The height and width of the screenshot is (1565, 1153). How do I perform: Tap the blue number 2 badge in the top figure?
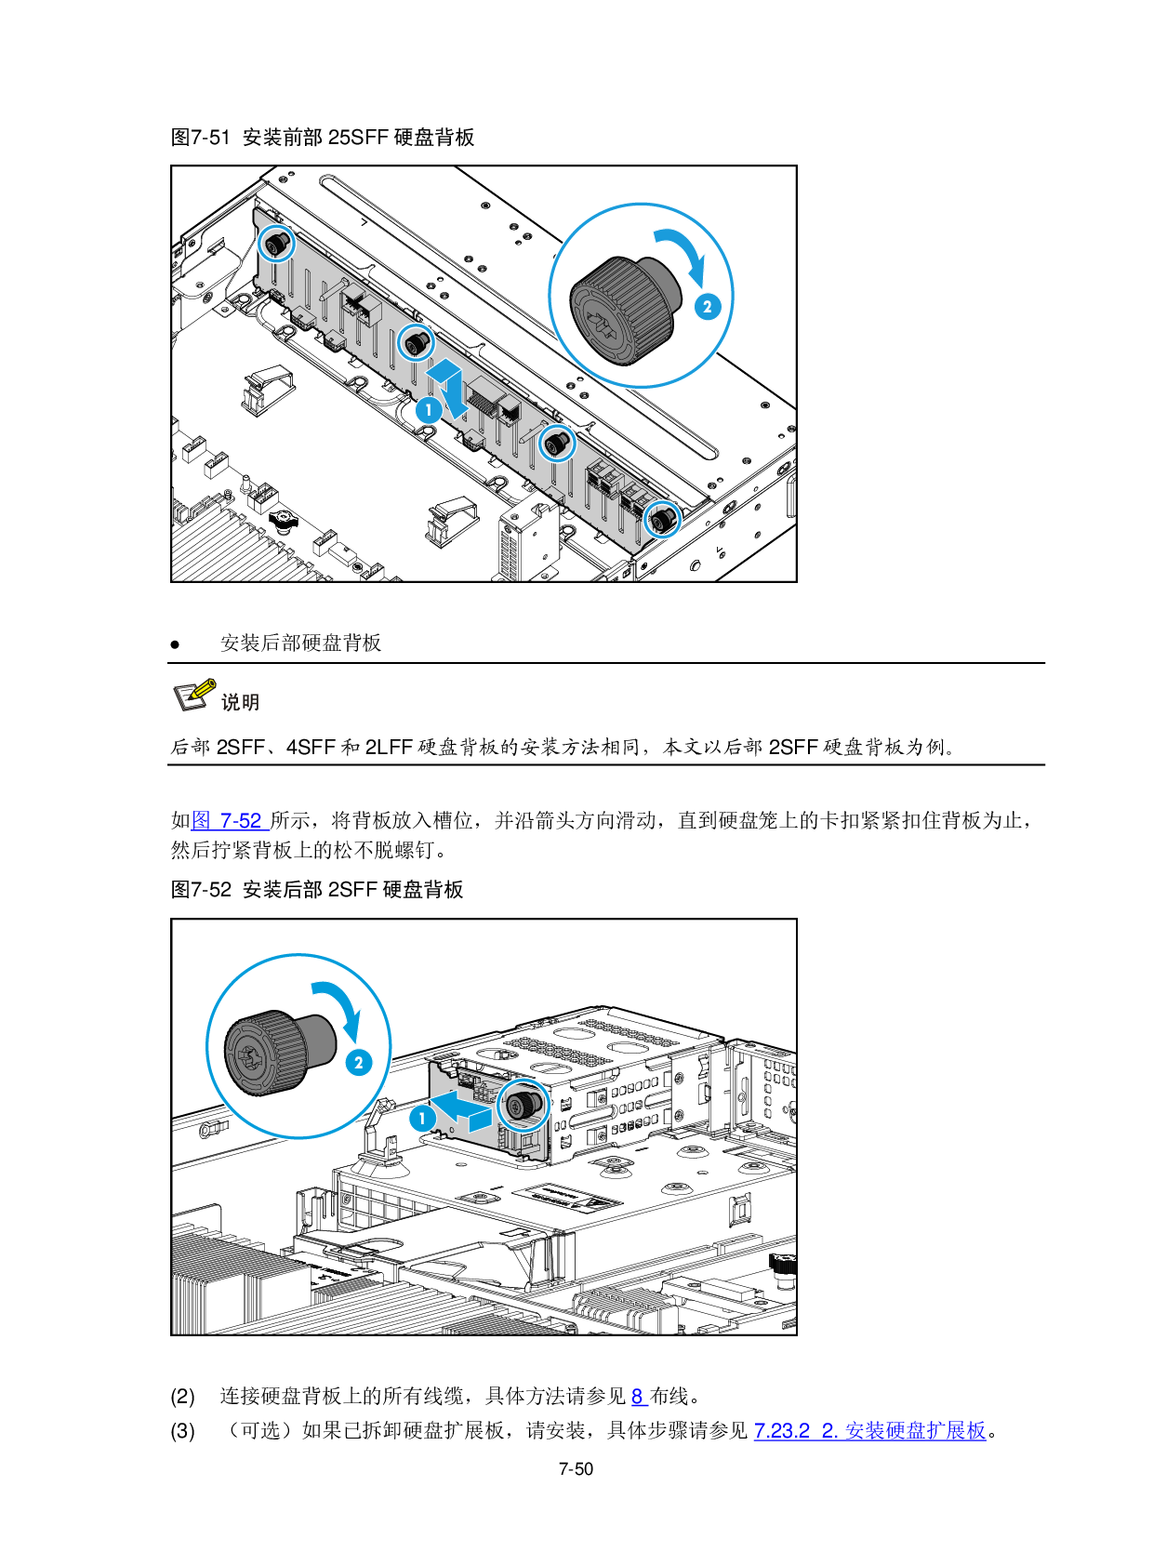[708, 306]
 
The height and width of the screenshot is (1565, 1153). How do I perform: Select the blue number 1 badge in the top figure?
[429, 409]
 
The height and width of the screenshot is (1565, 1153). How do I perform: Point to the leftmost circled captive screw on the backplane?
[276, 244]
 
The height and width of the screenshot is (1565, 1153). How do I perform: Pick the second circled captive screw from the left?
[417, 343]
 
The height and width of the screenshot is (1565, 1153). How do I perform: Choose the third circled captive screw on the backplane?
[557, 444]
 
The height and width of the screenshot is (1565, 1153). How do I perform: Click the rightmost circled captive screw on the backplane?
[662, 519]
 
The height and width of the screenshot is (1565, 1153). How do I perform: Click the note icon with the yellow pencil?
[194, 694]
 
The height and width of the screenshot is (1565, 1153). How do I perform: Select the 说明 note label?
[240, 702]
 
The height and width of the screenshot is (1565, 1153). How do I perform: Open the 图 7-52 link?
[230, 820]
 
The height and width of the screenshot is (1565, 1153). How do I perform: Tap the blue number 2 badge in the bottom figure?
[359, 1062]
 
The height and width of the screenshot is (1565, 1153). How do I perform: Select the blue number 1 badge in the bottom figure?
[423, 1118]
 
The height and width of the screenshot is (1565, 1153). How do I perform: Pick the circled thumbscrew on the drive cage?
[523, 1105]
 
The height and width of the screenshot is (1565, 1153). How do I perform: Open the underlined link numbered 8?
[639, 1397]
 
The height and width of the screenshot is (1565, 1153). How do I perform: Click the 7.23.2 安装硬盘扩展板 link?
[869, 1430]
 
